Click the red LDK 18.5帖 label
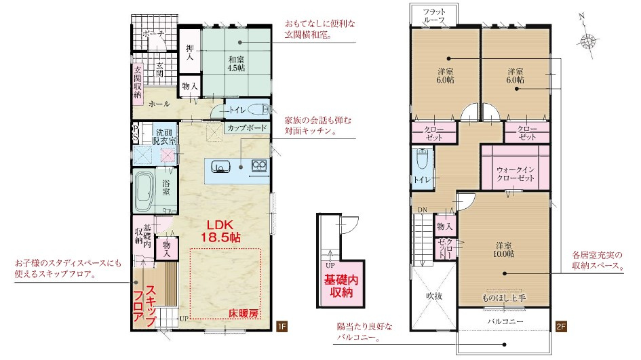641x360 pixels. click(220, 231)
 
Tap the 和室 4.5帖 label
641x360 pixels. click(236, 64)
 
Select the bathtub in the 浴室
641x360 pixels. click(144, 191)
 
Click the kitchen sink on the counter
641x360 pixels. click(220, 167)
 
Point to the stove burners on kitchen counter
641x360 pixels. click(259, 165)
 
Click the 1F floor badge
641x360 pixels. click(282, 326)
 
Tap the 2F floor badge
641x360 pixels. click(561, 326)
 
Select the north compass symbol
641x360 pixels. click(587, 39)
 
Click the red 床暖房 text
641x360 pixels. click(244, 313)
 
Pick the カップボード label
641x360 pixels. click(248, 127)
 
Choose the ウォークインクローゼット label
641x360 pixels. click(516, 174)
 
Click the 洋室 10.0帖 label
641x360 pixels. click(503, 249)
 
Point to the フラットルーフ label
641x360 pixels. click(434, 16)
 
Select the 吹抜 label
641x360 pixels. click(433, 296)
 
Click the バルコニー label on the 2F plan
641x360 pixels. click(505, 321)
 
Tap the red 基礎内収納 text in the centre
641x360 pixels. click(341, 286)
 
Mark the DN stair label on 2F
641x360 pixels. click(423, 210)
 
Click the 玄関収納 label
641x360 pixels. click(138, 82)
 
